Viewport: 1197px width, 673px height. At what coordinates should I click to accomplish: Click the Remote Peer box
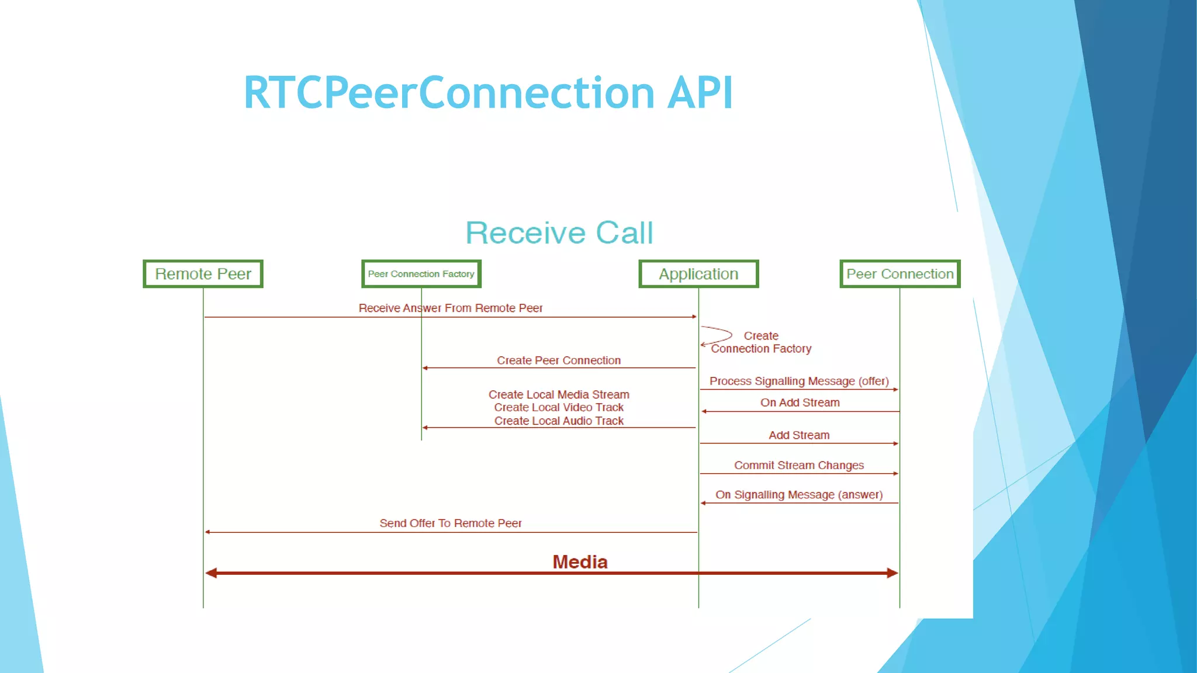[x=203, y=274]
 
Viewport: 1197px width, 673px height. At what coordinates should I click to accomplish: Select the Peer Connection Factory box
[x=421, y=274]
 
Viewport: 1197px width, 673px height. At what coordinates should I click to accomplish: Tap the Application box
[x=698, y=274]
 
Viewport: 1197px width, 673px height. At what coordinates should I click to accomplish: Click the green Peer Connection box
[x=900, y=274]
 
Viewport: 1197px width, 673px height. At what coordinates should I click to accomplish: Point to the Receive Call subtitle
[x=559, y=233]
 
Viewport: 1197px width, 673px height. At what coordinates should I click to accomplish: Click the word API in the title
[x=700, y=93]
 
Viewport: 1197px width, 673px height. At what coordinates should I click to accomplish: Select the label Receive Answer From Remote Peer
[x=450, y=308]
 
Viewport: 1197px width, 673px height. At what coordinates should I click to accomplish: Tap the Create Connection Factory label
[x=761, y=342]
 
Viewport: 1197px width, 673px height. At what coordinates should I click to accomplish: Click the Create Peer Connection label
[x=559, y=360]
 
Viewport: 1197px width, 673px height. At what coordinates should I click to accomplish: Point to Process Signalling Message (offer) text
[x=798, y=381]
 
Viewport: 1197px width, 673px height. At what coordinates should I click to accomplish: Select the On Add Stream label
[x=800, y=403]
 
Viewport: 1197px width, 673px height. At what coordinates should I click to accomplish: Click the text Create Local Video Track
[x=559, y=407]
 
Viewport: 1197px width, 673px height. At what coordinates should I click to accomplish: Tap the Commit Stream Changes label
[x=798, y=465]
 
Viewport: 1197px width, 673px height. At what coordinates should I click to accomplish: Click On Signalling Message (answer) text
[x=798, y=495]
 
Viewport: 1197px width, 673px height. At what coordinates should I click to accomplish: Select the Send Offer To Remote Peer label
[x=450, y=523]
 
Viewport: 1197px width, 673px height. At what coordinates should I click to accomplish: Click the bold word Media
[x=580, y=562]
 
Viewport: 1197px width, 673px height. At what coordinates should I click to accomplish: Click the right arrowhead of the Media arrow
[x=892, y=573]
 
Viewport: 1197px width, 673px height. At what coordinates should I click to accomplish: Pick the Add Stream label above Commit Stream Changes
[x=798, y=435]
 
